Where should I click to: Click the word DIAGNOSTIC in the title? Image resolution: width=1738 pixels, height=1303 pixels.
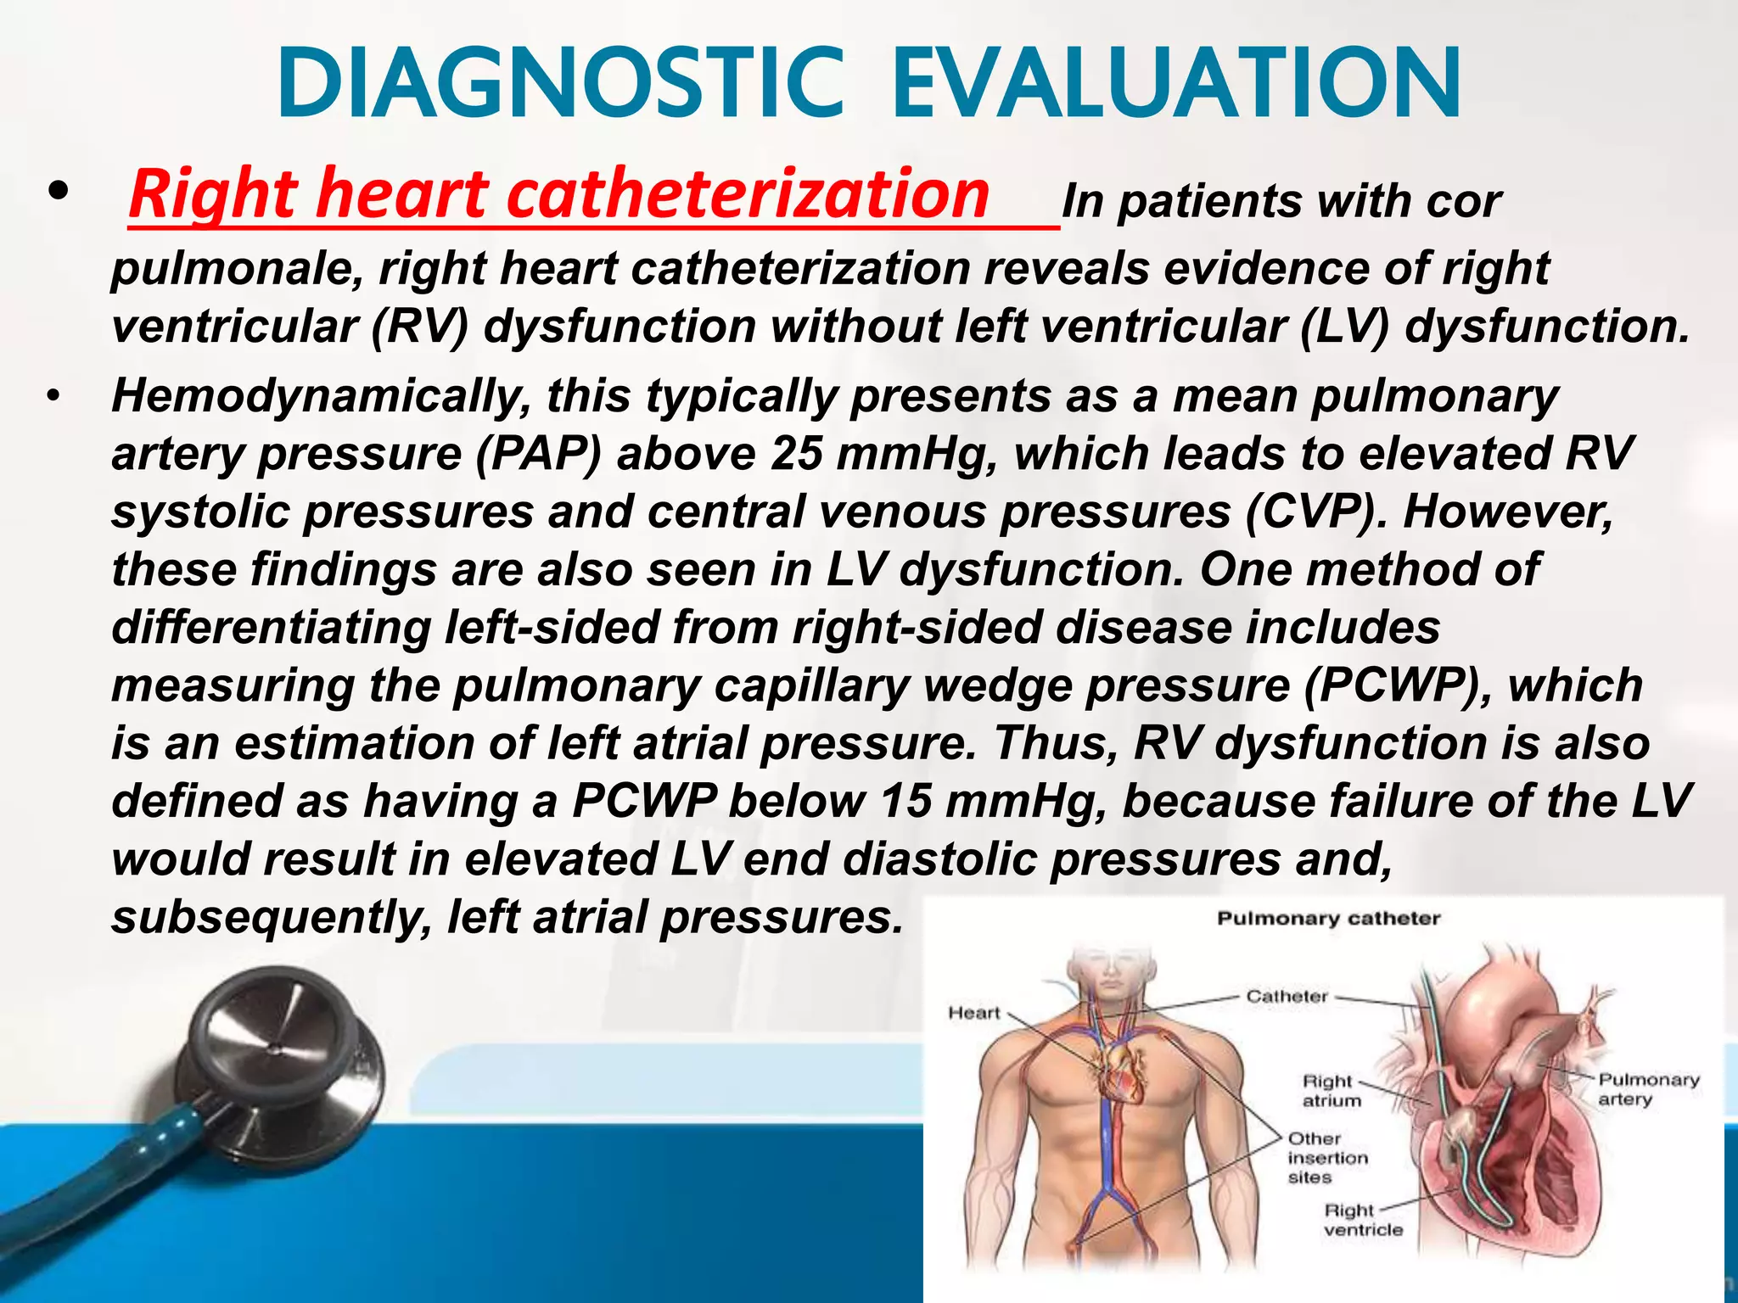[560, 85]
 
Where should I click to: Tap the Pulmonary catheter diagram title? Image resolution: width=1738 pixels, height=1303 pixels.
[1328, 919]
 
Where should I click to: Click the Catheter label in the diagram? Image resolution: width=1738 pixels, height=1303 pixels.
[1287, 996]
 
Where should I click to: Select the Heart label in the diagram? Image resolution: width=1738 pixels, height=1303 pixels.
[973, 1013]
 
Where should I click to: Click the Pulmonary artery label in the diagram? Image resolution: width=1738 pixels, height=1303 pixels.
[1648, 1089]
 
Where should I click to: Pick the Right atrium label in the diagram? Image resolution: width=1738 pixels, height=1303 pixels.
[1332, 1091]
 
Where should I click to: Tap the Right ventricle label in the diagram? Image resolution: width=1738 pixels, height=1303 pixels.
[1363, 1220]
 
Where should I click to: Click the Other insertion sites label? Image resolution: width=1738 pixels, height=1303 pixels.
[1327, 1158]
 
